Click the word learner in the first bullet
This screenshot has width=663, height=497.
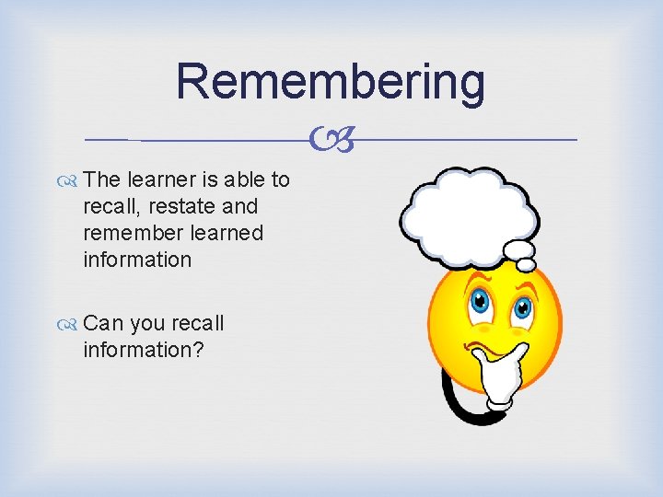[x=160, y=179]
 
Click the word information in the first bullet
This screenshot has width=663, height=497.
[x=137, y=260]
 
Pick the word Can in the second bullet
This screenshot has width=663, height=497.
[x=102, y=323]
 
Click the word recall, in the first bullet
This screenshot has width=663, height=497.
[x=108, y=206]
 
